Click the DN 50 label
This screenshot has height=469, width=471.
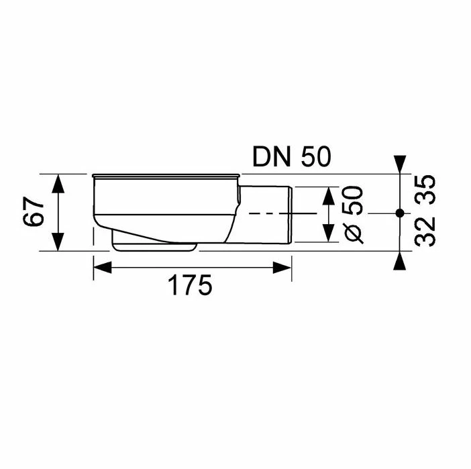(292, 157)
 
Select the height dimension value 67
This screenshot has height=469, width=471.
(36, 212)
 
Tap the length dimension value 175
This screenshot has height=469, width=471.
(190, 285)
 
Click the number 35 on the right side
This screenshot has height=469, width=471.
(425, 189)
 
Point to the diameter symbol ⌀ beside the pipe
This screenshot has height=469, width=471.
(354, 232)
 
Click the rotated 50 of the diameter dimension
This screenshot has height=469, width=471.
(354, 200)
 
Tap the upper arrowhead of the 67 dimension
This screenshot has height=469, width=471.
(59, 180)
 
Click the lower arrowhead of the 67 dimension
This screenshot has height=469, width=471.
(59, 244)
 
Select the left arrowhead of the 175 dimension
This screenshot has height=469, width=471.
(99, 267)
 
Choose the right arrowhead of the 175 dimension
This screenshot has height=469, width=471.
(284, 267)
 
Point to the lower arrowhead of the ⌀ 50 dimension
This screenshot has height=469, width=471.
(328, 235)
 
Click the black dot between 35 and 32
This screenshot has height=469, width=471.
(399, 213)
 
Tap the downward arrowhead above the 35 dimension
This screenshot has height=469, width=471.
(399, 162)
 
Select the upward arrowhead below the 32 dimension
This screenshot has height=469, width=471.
(399, 262)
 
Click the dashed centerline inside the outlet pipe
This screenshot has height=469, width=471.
(268, 213)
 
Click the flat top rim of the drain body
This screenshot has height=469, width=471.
(164, 176)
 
